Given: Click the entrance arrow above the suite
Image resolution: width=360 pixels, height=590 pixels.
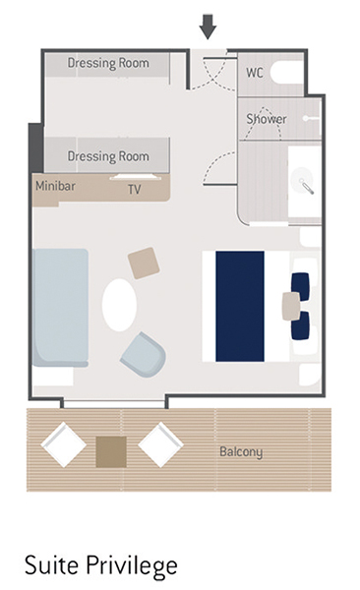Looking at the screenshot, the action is tap(208, 27).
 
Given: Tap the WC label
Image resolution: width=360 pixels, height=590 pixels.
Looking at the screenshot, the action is tap(255, 73).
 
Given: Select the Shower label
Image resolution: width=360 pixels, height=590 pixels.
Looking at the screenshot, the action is tap(267, 120).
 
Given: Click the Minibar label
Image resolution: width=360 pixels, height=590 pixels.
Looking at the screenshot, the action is tap(55, 186).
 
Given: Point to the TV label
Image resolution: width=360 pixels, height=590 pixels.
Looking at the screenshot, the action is tap(135, 189).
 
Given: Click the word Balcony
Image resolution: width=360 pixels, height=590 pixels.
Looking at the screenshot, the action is tap(241, 451).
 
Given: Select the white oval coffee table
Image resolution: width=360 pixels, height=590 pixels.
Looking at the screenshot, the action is tap(119, 305).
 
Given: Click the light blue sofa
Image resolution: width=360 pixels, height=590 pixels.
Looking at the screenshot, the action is tap(61, 308).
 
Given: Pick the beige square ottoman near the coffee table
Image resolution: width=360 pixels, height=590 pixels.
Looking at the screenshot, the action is tap(144, 263).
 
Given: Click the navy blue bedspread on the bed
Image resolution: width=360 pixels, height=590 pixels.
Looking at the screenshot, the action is tap(240, 306).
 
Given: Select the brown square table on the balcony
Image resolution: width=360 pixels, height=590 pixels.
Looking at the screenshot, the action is tap(111, 452).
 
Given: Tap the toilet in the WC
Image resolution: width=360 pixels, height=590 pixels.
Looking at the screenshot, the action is tap(287, 73).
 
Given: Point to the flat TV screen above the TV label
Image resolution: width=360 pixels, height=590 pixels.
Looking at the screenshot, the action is tap(133, 176).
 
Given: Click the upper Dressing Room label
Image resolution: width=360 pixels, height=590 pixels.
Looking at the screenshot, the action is tap(108, 63).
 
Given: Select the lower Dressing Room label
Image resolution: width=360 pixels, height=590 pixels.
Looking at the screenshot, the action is tap(108, 156).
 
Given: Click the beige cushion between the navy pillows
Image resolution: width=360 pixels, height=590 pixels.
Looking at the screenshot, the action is tap(291, 306).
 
